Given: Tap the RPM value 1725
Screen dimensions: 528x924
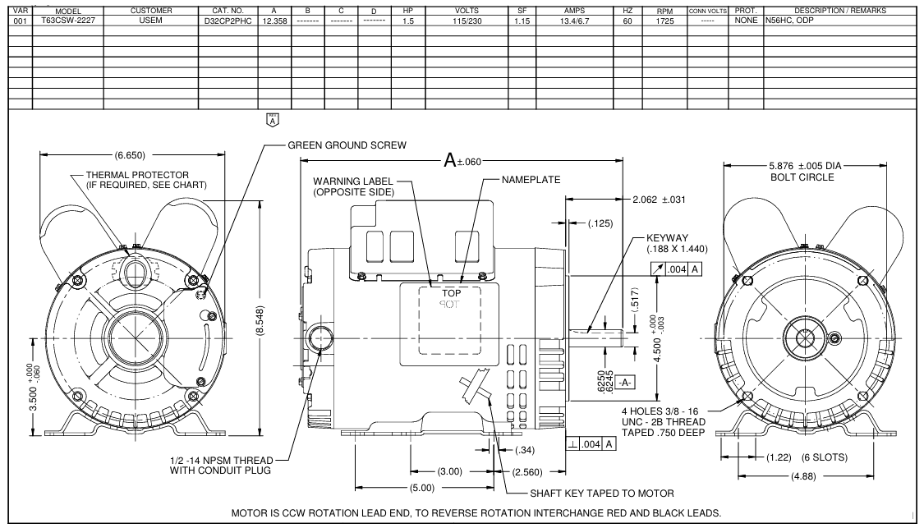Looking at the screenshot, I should click(664, 19).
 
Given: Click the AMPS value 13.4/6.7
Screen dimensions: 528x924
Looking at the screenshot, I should click(575, 19).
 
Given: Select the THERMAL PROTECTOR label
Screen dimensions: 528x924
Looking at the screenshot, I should click(138, 175).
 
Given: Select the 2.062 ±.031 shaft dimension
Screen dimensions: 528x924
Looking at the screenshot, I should click(660, 200).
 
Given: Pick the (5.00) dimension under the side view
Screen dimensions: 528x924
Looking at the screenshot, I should click(424, 489).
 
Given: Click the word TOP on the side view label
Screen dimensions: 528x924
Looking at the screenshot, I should click(452, 292).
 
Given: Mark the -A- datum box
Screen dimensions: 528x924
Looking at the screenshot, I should click(625, 383).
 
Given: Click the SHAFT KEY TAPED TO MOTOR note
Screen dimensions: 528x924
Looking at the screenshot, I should click(603, 494).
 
